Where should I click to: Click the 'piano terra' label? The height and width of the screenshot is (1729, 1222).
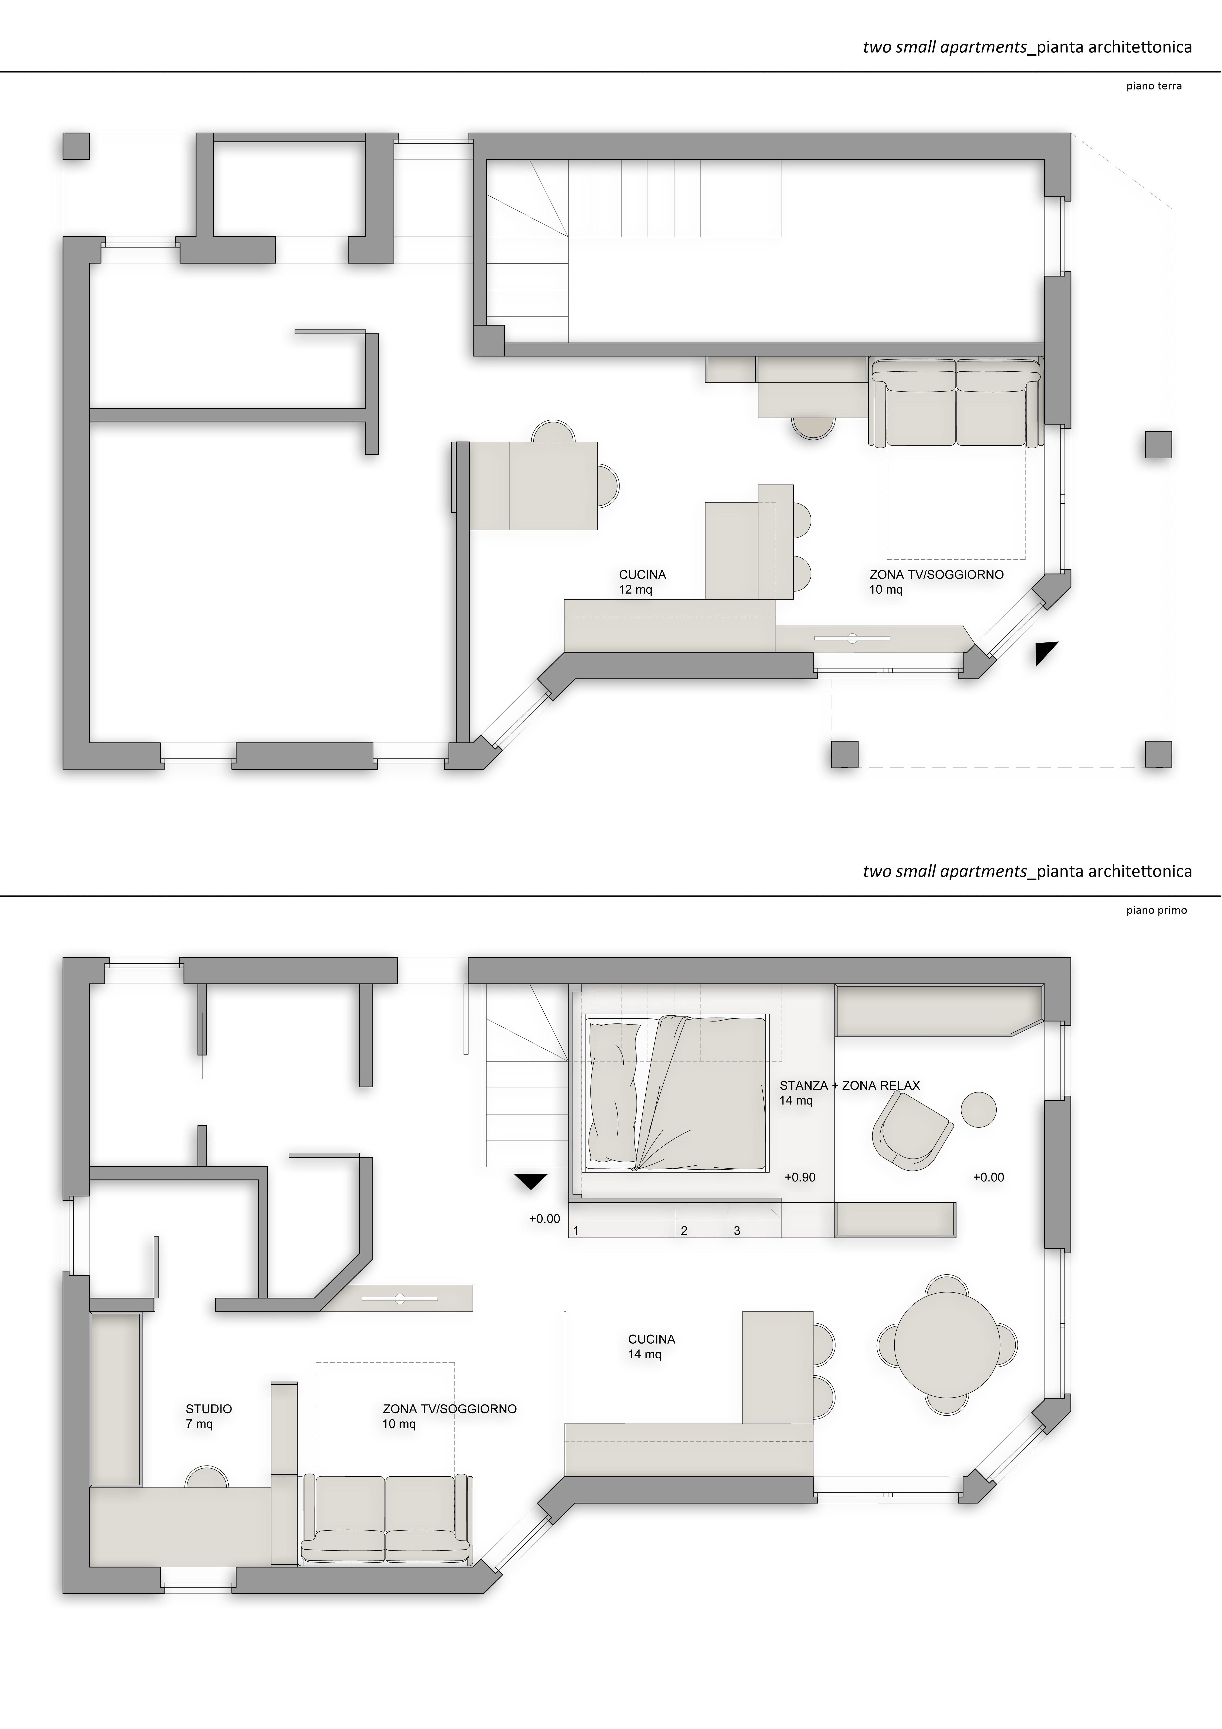1154,86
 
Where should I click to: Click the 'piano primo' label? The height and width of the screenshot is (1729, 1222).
1156,910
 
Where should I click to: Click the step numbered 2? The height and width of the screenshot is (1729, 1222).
684,1230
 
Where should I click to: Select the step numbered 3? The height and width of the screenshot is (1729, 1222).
737,1230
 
